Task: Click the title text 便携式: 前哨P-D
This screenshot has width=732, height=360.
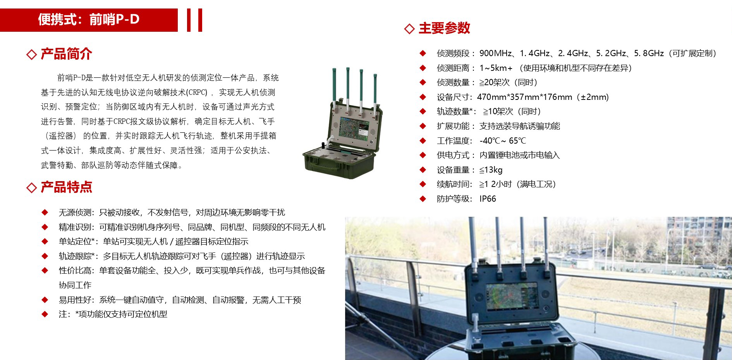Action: click(x=89, y=19)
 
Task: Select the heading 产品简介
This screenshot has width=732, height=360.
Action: click(x=66, y=54)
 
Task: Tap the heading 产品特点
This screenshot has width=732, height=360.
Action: click(x=66, y=187)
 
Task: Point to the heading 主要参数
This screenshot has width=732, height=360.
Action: click(x=444, y=28)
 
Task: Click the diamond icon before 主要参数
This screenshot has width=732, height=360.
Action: click(x=409, y=29)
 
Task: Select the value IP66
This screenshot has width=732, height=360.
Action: click(x=488, y=199)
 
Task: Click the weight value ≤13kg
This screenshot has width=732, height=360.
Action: click(x=491, y=170)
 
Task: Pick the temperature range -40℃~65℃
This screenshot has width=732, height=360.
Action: click(x=503, y=141)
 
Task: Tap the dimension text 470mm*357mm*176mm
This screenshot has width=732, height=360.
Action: click(x=524, y=97)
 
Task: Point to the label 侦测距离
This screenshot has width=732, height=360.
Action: click(x=453, y=68)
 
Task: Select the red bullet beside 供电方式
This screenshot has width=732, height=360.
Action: click(x=423, y=155)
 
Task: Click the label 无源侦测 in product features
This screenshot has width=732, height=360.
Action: click(x=75, y=213)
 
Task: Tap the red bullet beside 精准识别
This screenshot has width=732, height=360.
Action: click(x=45, y=227)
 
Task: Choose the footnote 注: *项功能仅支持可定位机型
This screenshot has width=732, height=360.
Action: click(x=113, y=314)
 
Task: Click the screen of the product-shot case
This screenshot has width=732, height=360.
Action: click(x=354, y=127)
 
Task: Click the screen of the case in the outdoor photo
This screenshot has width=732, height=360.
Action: click(x=511, y=296)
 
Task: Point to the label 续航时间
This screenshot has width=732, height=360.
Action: click(x=453, y=184)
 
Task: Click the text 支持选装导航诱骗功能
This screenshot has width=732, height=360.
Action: click(x=520, y=126)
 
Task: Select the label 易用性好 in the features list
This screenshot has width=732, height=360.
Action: click(x=75, y=300)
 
